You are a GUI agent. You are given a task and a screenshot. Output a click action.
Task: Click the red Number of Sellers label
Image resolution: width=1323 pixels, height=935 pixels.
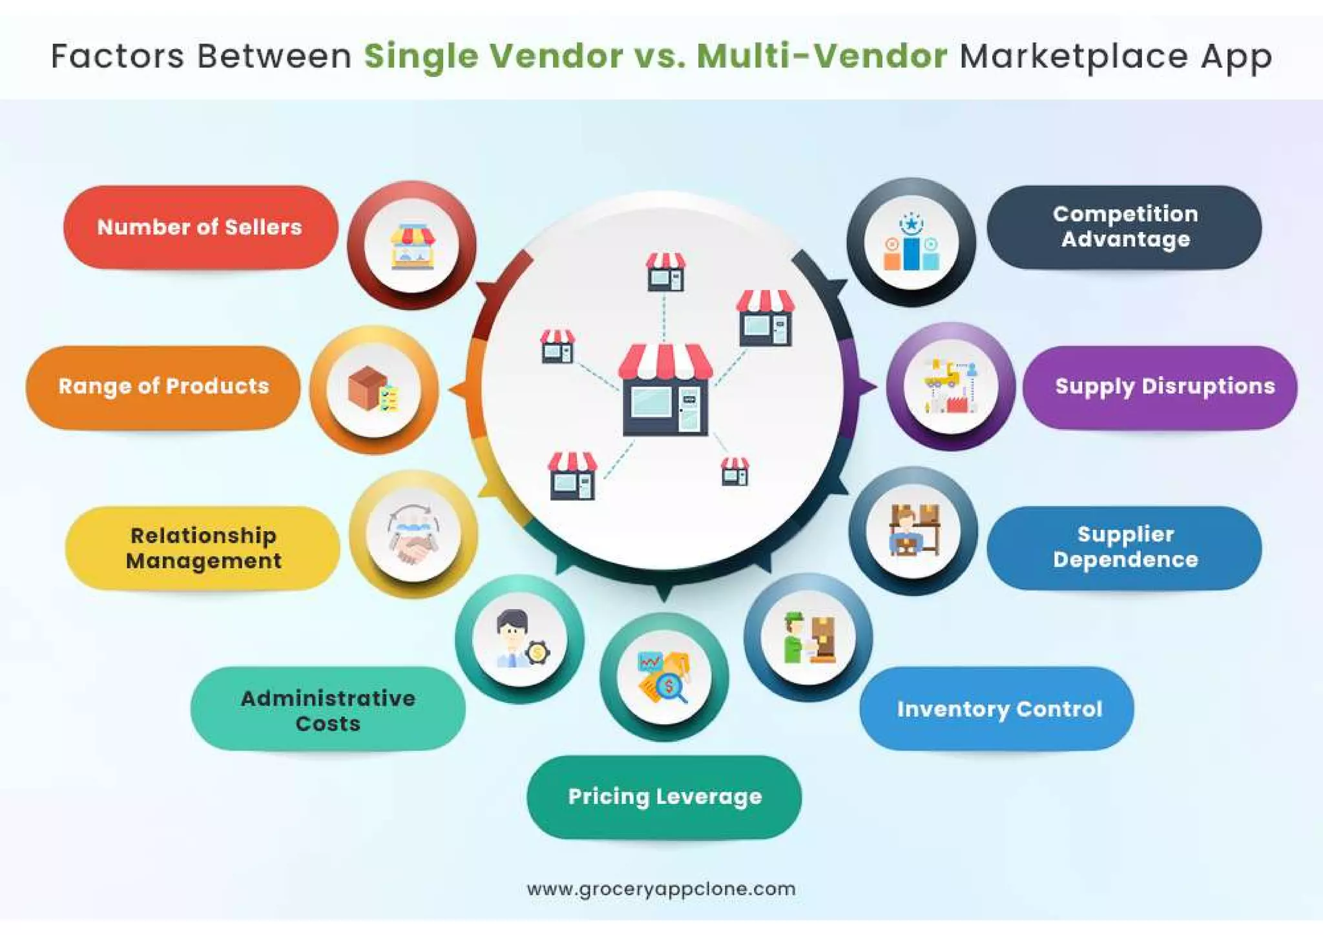pos(200,227)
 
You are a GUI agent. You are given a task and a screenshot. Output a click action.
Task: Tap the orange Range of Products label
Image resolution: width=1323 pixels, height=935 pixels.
pos(163,387)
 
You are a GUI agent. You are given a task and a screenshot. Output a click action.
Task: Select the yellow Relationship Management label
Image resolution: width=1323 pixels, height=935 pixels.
pos(203,548)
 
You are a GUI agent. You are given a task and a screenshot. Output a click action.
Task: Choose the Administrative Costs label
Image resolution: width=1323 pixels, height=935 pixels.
pos(328,709)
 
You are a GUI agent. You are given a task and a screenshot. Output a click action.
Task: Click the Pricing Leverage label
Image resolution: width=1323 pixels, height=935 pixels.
pos(664,797)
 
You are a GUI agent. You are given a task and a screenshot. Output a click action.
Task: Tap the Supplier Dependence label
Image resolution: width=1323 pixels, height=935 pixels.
pos(1124,547)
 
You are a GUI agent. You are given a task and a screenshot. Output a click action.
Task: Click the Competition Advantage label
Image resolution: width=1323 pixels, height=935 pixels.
pos(1124,227)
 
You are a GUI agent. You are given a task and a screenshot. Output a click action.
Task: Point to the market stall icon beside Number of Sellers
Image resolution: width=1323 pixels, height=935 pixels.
pos(412,247)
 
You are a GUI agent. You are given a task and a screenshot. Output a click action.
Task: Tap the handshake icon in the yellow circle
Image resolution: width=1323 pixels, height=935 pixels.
pos(413,535)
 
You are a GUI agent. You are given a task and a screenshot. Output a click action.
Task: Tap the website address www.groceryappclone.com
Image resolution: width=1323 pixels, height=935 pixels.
pos(661,889)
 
